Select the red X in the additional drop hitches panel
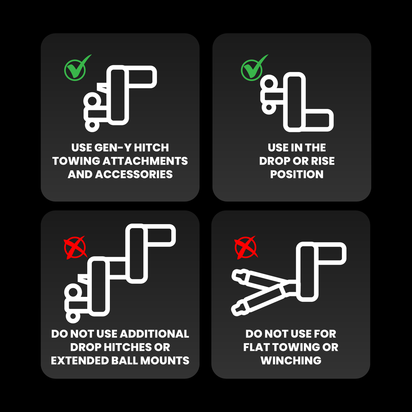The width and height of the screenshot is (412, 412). coord(75,247)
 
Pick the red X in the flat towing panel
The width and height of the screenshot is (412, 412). coord(246,247)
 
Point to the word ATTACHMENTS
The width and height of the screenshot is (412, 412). coord(145,161)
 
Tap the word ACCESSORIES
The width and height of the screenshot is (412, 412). coord(134,175)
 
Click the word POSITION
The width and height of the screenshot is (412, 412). coord(297,175)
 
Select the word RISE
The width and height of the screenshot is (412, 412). coord(323,161)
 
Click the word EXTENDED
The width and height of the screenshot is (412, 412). coord(80,361)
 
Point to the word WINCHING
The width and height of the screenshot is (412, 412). coord(291,361)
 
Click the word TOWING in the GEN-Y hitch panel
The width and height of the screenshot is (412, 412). coord(76,161)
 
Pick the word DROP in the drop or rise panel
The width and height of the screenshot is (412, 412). coord(273,161)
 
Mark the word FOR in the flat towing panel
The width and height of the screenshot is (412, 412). coord(325,334)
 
